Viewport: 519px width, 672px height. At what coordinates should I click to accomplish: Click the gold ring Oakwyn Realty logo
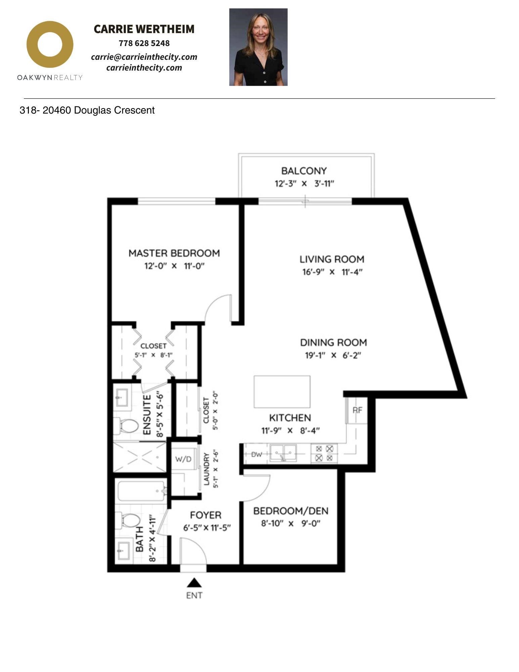coord(50,44)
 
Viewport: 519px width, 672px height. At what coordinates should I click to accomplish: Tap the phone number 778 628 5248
coord(144,43)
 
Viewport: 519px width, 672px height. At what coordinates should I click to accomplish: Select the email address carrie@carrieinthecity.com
coord(144,57)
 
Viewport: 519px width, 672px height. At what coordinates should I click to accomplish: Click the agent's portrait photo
coord(258,47)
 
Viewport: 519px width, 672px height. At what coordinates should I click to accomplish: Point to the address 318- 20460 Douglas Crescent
coord(87,110)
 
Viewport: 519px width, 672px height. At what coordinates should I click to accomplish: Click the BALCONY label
coord(304,171)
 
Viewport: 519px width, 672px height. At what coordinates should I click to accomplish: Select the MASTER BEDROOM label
coord(174,253)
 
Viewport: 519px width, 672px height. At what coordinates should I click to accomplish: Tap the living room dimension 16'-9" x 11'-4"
coord(332,272)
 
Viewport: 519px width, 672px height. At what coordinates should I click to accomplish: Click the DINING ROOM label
coord(333,342)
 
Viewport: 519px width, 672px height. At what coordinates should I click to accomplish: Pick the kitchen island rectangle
coord(282,392)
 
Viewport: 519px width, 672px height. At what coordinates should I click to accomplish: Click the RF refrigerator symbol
coord(357,410)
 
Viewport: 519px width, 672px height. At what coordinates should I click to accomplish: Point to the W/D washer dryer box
coord(183,459)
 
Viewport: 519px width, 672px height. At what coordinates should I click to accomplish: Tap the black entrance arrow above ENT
coord(194,583)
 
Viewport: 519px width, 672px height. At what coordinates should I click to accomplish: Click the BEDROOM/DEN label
coord(291,511)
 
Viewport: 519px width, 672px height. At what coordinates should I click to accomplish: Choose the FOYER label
coord(206,515)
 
